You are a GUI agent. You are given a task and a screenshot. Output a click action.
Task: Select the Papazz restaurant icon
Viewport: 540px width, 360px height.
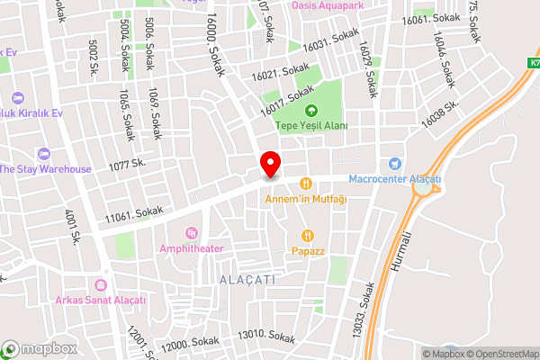(x=306, y=235)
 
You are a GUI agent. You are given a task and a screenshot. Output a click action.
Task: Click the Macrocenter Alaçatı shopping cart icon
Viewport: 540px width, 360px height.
(x=393, y=164)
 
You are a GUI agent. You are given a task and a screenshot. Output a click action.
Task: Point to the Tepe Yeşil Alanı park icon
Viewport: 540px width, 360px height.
(x=311, y=111)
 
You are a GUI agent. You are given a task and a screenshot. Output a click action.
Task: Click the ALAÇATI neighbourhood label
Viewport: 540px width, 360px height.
(x=248, y=280)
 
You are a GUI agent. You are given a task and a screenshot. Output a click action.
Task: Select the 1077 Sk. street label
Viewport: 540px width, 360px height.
(x=127, y=166)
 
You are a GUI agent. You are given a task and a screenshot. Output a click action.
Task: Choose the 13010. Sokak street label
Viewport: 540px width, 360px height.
(x=266, y=337)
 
